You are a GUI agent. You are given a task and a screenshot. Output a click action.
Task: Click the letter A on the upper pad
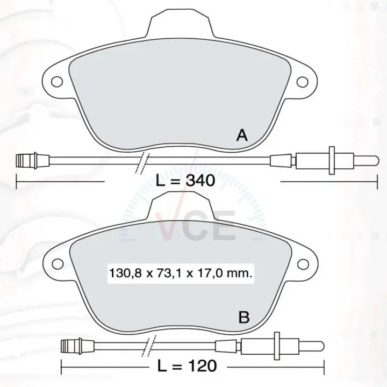242,135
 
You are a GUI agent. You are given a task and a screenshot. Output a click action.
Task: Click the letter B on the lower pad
244,317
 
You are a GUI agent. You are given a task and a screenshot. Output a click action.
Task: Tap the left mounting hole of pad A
57,82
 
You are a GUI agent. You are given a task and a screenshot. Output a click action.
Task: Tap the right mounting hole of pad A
302,82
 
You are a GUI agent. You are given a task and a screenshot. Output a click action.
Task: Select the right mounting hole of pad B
303,264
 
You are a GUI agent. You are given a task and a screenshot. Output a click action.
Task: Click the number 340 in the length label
200,181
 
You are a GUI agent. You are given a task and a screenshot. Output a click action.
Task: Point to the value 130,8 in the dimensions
125,274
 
